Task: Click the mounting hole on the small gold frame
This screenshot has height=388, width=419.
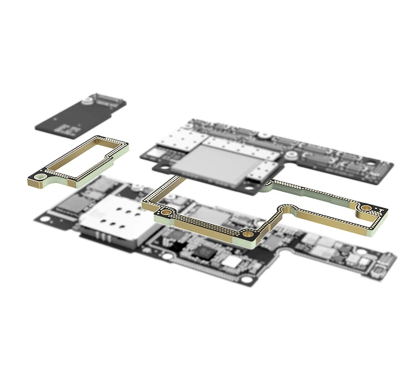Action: [41, 177]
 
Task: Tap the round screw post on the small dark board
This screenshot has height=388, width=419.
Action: [87, 101]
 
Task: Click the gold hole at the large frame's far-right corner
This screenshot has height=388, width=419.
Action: [366, 209]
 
